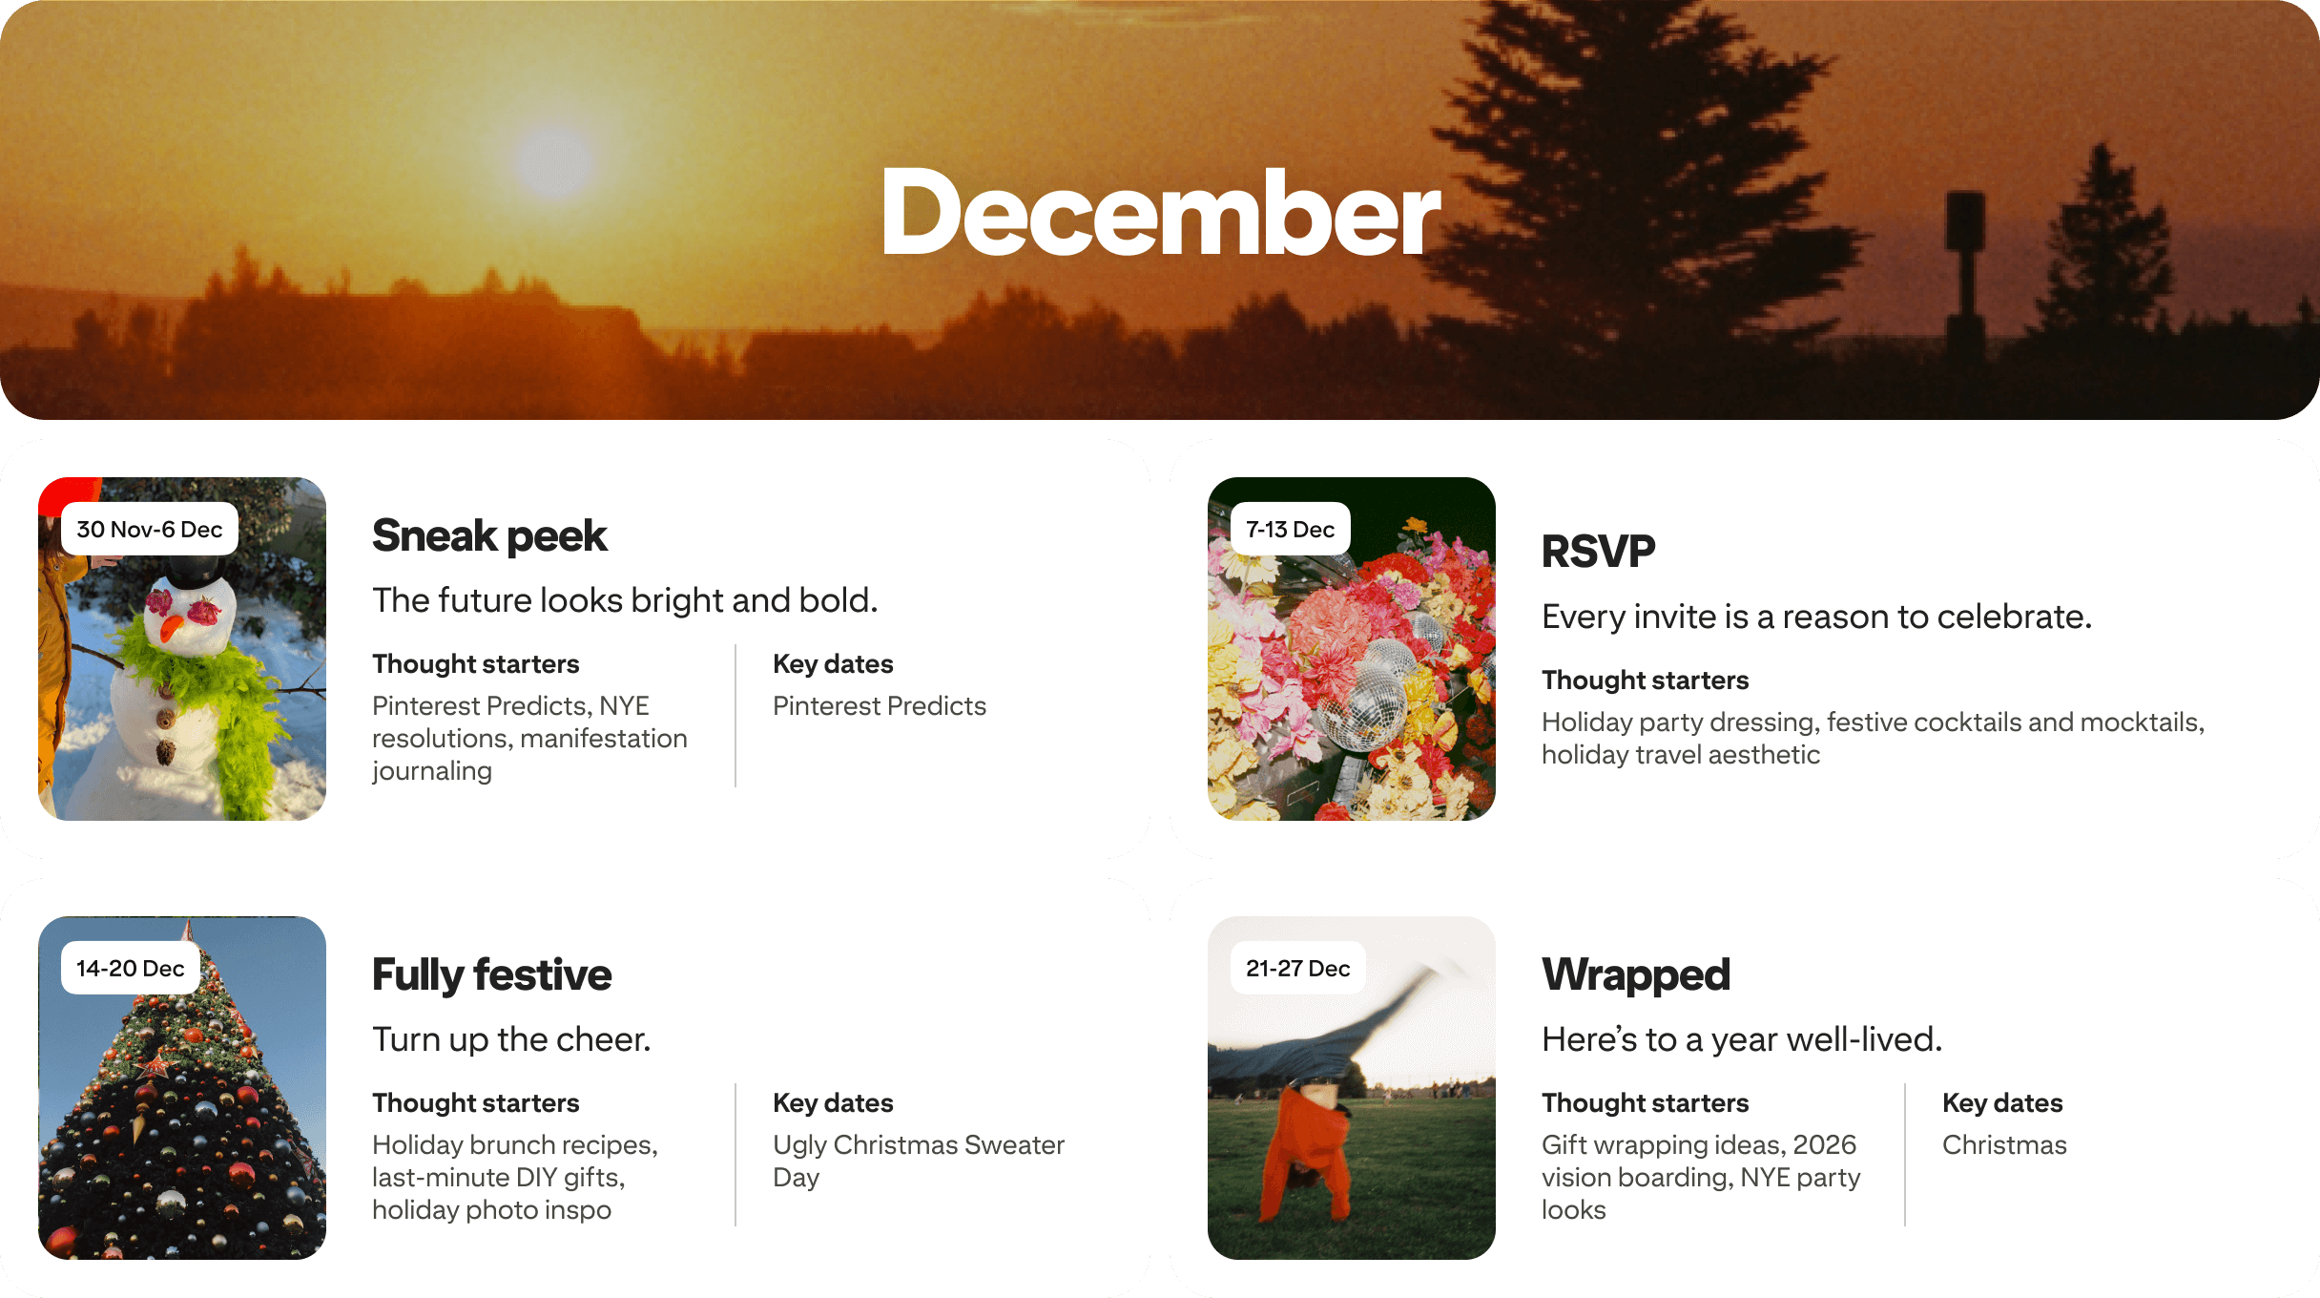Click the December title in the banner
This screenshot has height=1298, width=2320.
coord(1159,213)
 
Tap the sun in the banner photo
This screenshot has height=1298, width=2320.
coord(554,160)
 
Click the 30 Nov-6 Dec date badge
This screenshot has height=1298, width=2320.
coord(150,529)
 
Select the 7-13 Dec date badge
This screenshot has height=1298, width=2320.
coord(1290,529)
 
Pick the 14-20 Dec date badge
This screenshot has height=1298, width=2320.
coord(131,968)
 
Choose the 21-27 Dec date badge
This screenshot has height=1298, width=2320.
coord(1297,968)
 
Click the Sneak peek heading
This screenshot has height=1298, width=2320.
coord(489,535)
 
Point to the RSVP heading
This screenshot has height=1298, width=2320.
coord(1598,552)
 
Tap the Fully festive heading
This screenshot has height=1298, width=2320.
coord(491,974)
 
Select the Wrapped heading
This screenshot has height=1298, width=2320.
coord(1635,974)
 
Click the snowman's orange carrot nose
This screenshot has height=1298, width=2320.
coord(172,628)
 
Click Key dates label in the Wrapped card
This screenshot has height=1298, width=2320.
coord(2002,1102)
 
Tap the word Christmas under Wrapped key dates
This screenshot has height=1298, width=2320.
coord(2004,1144)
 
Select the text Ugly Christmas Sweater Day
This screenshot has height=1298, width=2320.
coord(918,1160)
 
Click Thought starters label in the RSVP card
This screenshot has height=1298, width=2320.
coord(1645,680)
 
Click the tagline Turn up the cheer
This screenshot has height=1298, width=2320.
coord(511,1038)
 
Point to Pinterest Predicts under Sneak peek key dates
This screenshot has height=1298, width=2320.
coord(879,705)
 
